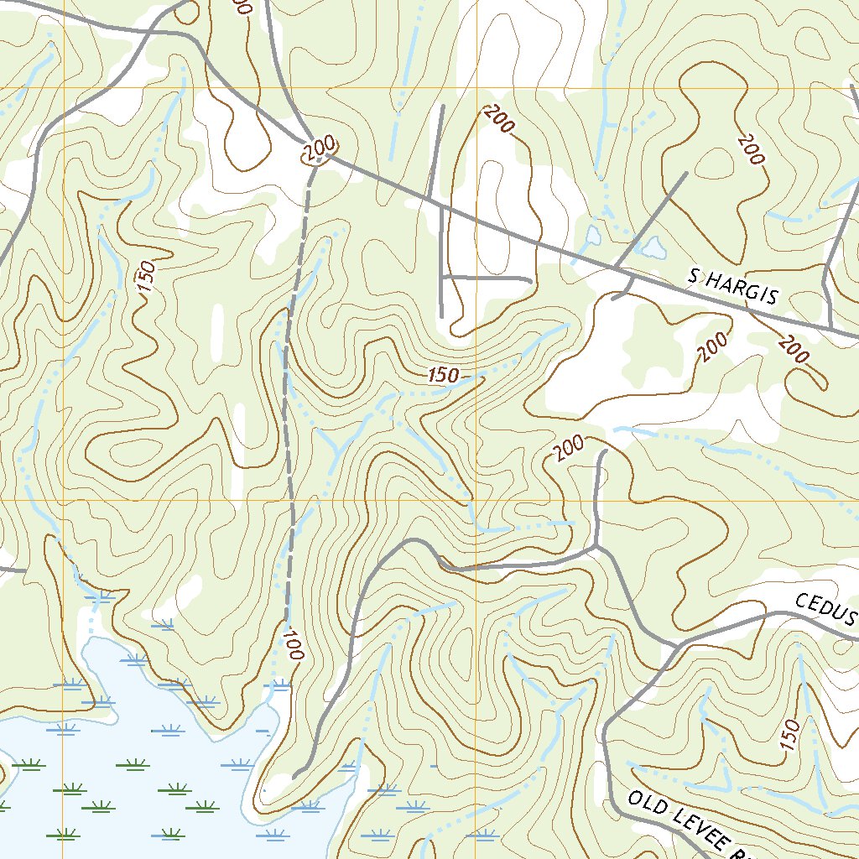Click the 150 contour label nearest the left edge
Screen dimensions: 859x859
(x=145, y=278)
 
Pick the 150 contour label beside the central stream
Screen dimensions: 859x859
(x=442, y=375)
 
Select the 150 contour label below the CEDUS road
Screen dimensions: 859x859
(x=789, y=735)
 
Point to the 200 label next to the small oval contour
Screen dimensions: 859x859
(x=751, y=149)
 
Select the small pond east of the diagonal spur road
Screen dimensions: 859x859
(x=651, y=246)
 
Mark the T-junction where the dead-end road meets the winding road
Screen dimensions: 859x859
(x=596, y=549)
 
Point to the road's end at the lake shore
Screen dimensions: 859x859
(x=294, y=778)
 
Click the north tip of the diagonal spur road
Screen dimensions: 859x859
(x=686, y=174)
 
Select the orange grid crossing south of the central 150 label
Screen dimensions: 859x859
(x=476, y=500)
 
